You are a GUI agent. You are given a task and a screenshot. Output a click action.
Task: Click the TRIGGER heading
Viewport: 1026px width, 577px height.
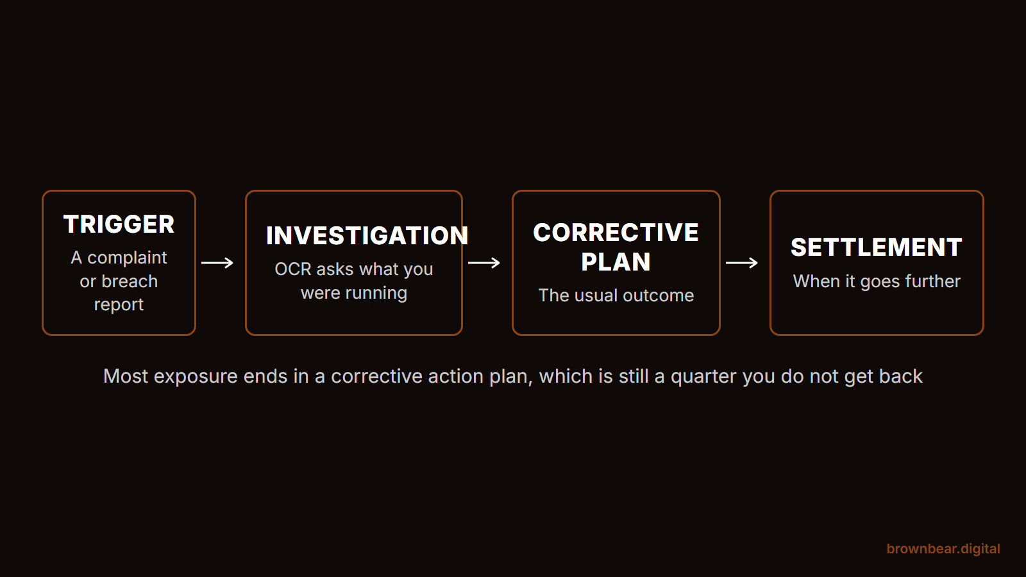119,224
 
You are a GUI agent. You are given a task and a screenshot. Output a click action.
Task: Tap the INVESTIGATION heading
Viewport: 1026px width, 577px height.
367,236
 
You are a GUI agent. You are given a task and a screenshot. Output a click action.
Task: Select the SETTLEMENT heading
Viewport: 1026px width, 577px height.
876,247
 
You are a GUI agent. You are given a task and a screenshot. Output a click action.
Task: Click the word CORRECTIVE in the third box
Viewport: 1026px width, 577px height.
616,233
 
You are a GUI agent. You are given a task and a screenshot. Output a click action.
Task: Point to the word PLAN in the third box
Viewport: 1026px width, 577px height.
616,262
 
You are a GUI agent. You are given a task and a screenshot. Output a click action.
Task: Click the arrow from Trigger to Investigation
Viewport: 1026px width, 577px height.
217,263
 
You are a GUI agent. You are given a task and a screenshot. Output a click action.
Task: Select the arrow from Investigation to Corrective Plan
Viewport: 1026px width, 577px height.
484,263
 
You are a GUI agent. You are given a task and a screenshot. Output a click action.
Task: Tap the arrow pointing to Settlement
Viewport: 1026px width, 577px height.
741,263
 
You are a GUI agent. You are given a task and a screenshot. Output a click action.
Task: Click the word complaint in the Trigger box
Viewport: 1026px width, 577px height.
127,258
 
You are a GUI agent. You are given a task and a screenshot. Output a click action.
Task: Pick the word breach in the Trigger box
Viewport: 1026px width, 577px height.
129,281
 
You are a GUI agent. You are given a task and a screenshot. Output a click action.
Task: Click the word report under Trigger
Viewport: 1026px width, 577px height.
119,305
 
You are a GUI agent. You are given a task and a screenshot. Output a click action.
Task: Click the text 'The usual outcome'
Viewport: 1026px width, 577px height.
616,296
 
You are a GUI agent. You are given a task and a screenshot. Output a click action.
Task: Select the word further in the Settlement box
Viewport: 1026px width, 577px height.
934,281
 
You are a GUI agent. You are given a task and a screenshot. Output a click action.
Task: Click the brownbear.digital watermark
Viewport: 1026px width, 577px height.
943,549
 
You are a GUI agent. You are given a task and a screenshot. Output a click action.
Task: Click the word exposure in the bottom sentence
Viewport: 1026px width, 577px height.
196,377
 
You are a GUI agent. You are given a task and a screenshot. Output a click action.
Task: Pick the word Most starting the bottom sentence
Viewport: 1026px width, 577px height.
126,376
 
